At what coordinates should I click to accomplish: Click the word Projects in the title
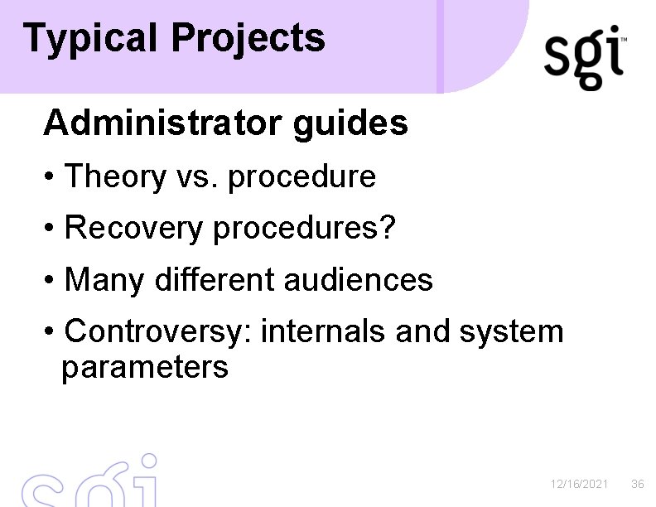[x=248, y=39]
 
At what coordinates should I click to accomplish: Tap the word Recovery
[x=133, y=229]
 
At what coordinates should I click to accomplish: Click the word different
[x=213, y=280]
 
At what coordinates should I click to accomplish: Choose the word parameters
[x=145, y=367]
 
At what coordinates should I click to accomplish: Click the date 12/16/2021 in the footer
[x=580, y=484]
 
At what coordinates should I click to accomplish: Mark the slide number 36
[x=638, y=484]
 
